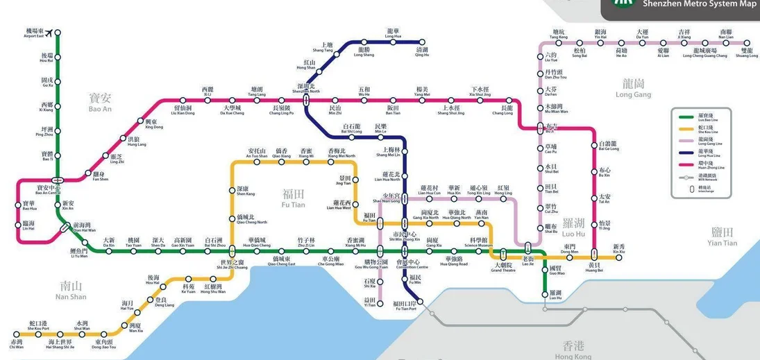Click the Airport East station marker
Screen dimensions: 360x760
[x=57, y=32]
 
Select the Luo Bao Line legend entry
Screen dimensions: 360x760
[x=702, y=119]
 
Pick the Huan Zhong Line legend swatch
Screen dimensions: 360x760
[x=685, y=166]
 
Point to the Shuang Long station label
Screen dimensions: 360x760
[x=747, y=53]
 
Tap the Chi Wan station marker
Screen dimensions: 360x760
[x=17, y=334]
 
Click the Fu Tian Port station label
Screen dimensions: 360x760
[x=404, y=306]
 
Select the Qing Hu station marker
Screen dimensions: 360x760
[x=422, y=42]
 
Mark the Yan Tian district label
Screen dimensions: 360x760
[x=722, y=236]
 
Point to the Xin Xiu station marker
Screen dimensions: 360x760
[x=618, y=257]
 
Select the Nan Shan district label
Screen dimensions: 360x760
[x=71, y=290]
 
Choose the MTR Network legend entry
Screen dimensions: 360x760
[x=702, y=178]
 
